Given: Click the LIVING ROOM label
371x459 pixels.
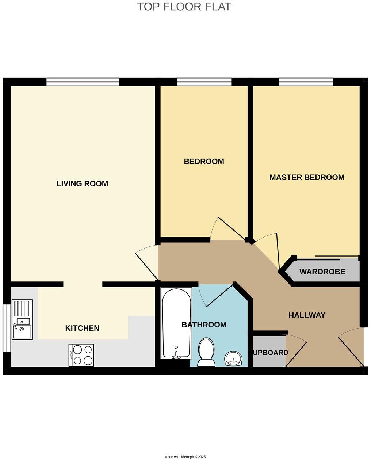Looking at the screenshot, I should tap(82, 183).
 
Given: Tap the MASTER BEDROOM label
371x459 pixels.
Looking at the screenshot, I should tap(307, 177).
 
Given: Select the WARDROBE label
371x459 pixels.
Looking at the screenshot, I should tap(322, 272).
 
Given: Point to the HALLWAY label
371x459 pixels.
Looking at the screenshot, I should tap(307, 315).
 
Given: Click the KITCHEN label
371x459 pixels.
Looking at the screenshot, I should tap(82, 328).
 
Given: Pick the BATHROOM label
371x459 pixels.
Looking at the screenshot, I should tap(204, 325).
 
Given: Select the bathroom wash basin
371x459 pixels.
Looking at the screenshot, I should tap(233, 359).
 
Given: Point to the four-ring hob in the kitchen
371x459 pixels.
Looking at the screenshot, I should tap(81, 355).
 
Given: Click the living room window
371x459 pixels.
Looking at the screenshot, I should tap(83, 82).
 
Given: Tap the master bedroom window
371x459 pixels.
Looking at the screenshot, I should tap(306, 82).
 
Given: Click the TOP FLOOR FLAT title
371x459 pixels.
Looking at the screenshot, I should tap(184, 7).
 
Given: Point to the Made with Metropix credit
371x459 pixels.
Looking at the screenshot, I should tap(185, 456).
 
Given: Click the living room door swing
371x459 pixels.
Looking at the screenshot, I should tap(147, 262).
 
